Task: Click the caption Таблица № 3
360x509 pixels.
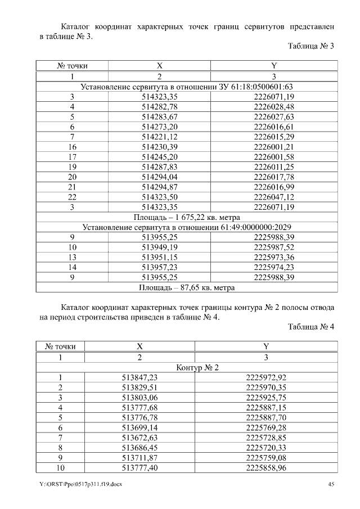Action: click(x=311, y=46)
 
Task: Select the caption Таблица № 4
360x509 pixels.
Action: click(x=311, y=327)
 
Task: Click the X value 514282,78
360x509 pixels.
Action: click(x=159, y=107)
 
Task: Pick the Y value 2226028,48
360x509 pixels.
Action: click(x=274, y=107)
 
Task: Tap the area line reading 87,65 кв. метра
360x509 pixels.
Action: click(x=187, y=287)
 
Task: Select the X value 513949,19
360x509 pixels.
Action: click(x=159, y=247)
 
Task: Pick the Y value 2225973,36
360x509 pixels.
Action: click(x=274, y=257)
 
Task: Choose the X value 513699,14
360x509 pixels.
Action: click(x=139, y=429)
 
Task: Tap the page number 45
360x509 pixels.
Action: click(x=331, y=484)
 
